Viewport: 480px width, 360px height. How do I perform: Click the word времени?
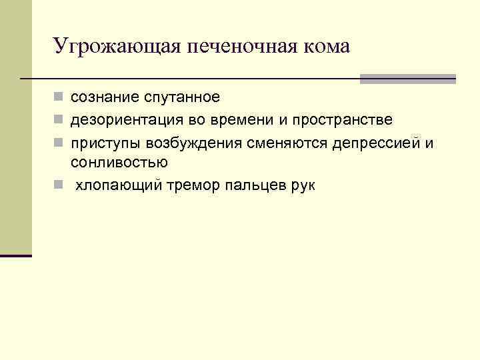pos(235,120)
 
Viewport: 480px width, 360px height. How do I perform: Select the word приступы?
pos(101,142)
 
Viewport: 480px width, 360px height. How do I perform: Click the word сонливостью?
pos(119,162)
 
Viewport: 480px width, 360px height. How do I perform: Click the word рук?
pos(303,185)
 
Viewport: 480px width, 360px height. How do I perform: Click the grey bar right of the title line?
pos(407,79)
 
